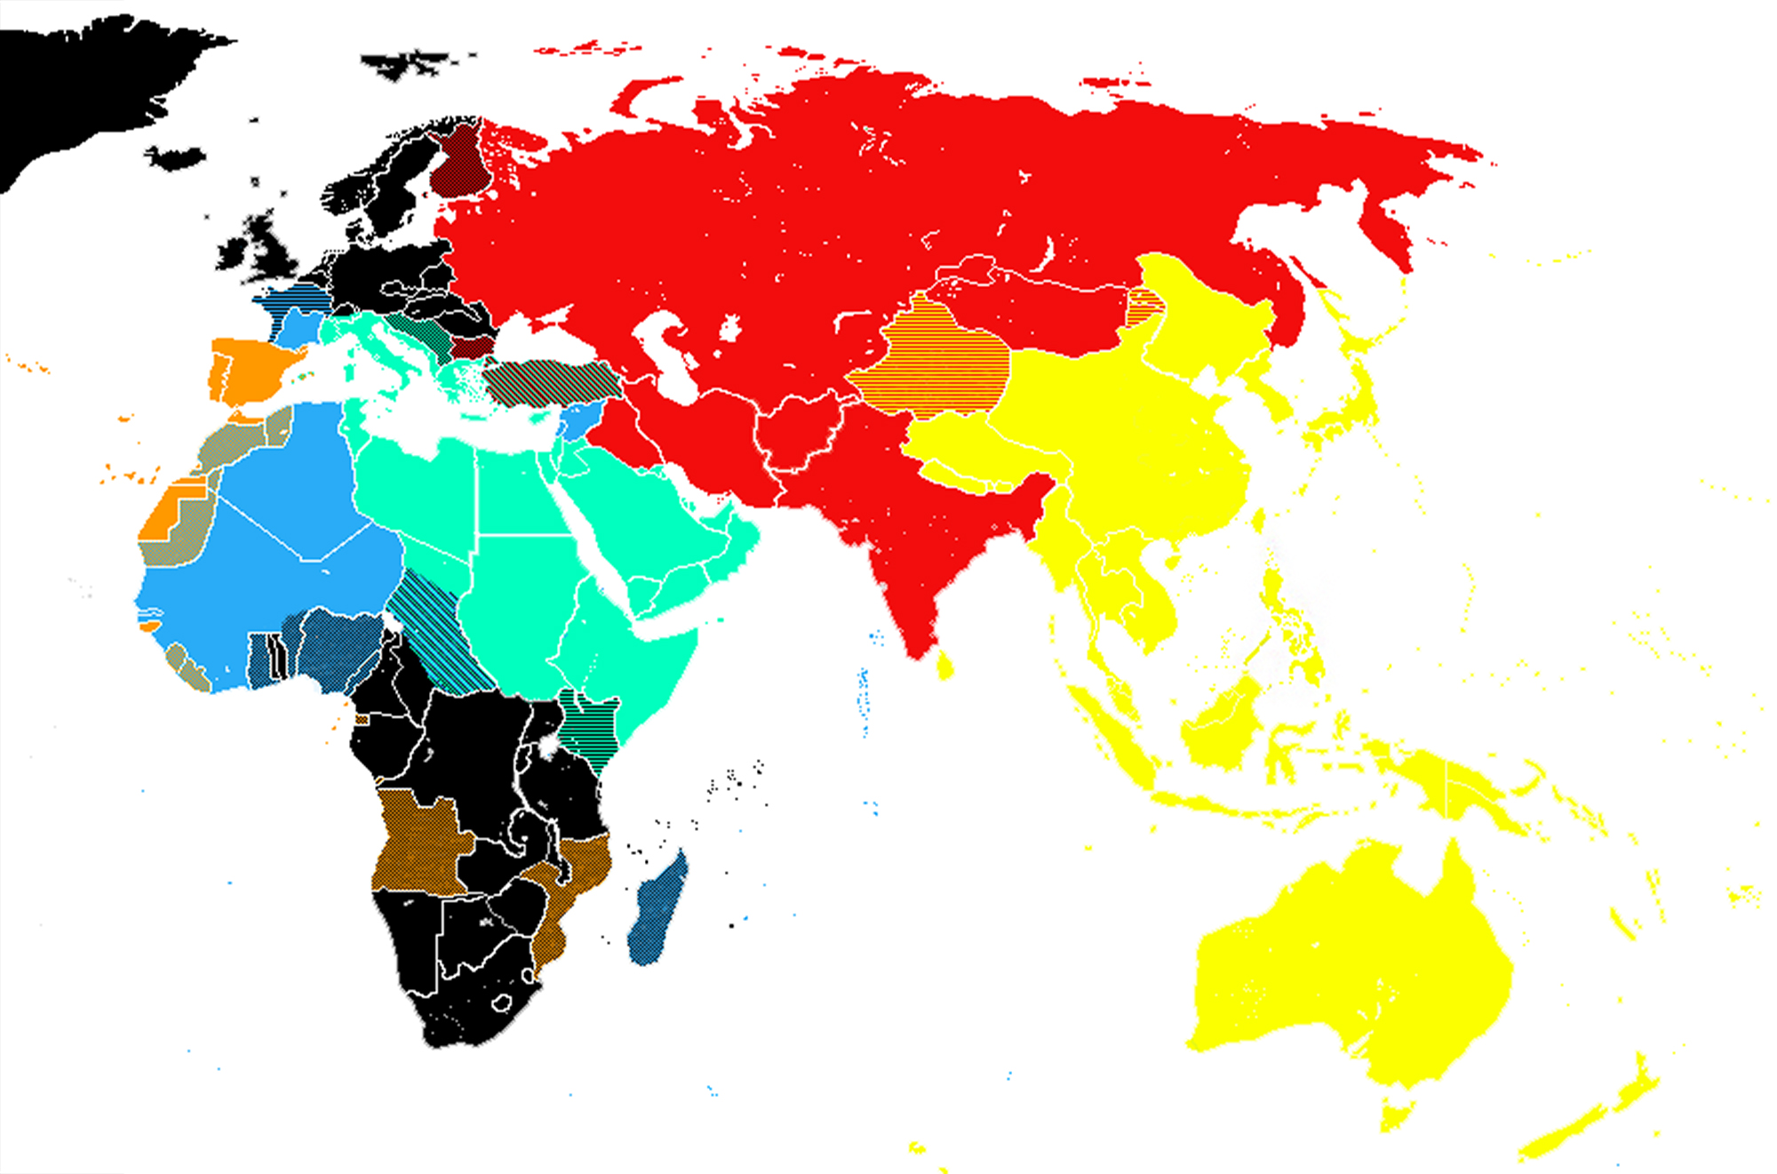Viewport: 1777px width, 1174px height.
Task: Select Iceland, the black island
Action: click(175, 159)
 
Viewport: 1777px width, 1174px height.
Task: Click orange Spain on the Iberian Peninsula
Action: click(249, 369)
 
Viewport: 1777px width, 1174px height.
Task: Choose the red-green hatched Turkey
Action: click(551, 380)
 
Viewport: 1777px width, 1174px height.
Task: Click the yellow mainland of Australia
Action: click(1351, 960)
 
